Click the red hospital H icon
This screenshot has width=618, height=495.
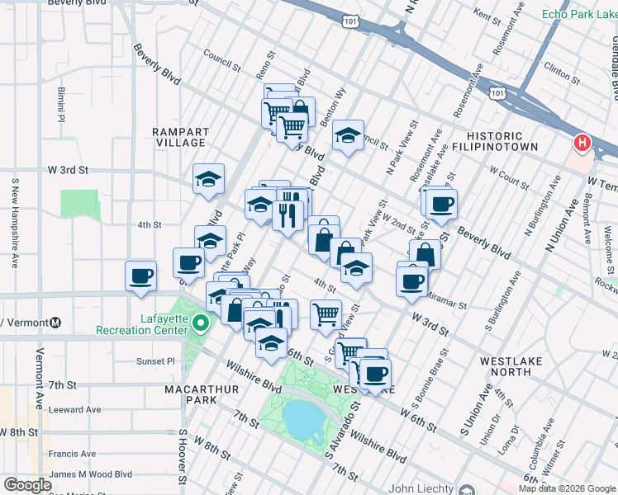coord(582,144)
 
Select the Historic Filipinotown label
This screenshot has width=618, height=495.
coord(502,141)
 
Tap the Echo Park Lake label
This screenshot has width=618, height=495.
coord(579,14)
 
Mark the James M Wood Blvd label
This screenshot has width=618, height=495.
coord(91,474)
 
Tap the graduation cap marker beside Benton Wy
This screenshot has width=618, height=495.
coord(349,136)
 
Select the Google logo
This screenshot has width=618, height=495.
coord(27,485)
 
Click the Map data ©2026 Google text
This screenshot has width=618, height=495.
coord(566,488)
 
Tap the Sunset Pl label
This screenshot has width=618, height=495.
coord(156,361)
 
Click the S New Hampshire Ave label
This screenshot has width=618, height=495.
coord(15,223)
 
